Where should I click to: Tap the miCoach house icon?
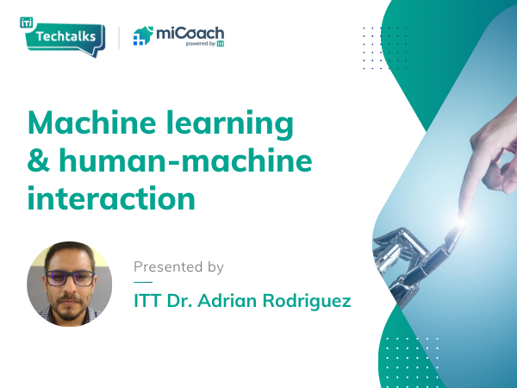click(x=143, y=36)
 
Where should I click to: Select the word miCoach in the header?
click(x=190, y=33)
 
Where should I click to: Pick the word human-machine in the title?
click(x=182, y=162)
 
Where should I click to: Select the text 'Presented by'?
click(x=178, y=267)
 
